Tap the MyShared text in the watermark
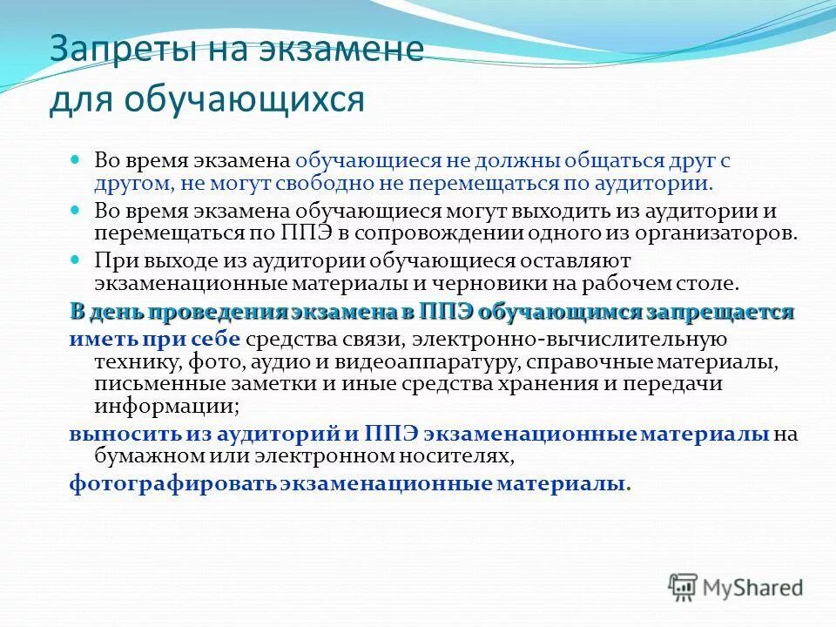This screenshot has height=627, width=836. pos(754,589)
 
